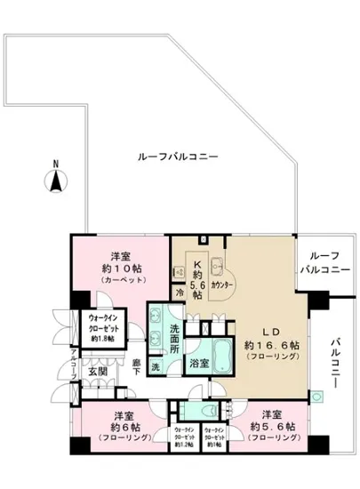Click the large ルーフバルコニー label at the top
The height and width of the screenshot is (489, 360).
point(179,156)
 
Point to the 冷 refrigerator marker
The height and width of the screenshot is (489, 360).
point(178,291)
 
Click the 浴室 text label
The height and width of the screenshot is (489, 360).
point(198,363)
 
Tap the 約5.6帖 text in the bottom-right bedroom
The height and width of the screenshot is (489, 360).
point(269,427)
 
